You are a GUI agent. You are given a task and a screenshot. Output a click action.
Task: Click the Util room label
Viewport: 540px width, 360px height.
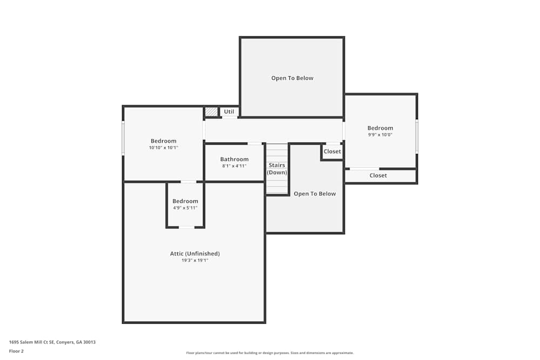point(229,112)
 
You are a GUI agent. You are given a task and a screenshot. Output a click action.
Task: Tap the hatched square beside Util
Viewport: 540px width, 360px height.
point(211,112)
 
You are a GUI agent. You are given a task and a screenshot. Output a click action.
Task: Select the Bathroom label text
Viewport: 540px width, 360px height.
point(234,159)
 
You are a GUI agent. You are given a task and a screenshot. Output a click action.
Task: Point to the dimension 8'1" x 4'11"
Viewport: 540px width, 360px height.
point(234,166)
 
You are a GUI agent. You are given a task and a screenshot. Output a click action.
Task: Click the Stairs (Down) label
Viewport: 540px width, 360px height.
point(277,169)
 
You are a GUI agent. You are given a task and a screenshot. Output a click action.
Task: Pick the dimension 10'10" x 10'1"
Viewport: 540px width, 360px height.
point(164,148)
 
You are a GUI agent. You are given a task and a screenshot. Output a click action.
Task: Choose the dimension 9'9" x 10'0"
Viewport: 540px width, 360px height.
point(380,135)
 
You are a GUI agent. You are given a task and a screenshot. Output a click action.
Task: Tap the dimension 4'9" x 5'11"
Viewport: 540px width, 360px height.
point(185,208)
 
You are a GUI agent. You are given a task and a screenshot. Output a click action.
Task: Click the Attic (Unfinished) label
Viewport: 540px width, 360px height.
point(195,254)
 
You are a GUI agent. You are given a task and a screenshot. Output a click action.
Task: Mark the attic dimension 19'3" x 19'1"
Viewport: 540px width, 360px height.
point(195,260)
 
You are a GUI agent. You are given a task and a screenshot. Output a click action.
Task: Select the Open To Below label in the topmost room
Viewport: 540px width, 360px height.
point(292,78)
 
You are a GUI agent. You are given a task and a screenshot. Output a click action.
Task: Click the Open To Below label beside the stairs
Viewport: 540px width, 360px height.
point(315,194)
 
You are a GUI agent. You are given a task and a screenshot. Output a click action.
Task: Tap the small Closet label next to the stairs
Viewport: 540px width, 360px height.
point(332,152)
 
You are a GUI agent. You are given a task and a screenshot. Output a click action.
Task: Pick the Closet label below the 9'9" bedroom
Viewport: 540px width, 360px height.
point(378,175)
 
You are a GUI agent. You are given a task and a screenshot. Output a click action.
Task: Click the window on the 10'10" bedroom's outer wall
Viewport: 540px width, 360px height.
point(123,139)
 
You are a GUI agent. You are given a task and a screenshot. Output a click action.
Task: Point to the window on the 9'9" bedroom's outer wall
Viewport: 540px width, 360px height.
point(416,136)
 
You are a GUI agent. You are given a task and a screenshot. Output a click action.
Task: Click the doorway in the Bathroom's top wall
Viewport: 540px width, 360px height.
point(255,144)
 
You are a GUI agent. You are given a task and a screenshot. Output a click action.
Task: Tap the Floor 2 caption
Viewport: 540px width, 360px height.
point(16,351)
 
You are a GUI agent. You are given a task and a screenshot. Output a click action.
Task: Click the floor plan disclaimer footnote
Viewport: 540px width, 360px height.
point(270,353)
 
